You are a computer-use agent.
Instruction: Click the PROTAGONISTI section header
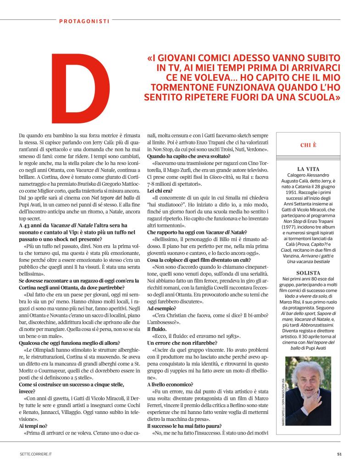coord(84,20)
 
